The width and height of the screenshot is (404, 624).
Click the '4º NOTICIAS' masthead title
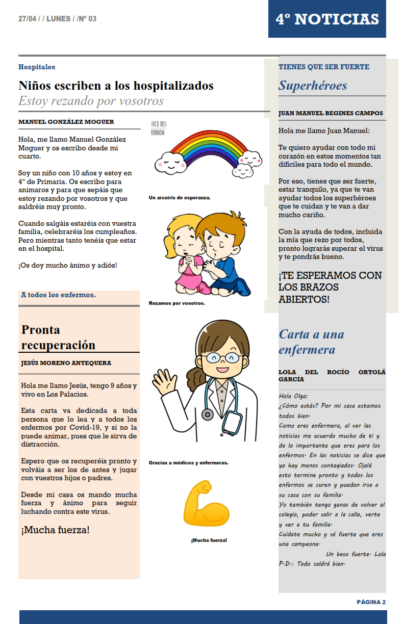pyautogui.click(x=327, y=19)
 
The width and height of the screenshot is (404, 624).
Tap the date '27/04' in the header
pyautogui.click(x=28, y=19)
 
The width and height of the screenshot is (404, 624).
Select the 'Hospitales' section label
pyautogui.click(x=37, y=67)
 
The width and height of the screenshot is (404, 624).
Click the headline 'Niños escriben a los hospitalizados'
pyautogui.click(x=116, y=86)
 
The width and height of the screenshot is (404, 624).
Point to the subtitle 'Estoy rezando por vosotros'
pyautogui.click(x=91, y=101)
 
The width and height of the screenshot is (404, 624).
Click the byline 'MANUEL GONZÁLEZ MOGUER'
pyautogui.click(x=66, y=122)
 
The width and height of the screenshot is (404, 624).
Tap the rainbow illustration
pyautogui.click(x=206, y=151)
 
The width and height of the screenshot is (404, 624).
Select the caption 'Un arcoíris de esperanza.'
pyautogui.click(x=180, y=197)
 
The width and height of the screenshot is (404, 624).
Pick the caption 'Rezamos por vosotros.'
pyautogui.click(x=176, y=303)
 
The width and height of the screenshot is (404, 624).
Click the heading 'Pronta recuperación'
pyautogui.click(x=58, y=337)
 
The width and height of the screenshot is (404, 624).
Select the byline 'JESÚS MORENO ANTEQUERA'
pyautogui.click(x=66, y=363)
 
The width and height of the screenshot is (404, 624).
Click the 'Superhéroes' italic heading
pyautogui.click(x=313, y=85)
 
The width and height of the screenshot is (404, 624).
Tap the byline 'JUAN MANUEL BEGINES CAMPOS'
pyautogui.click(x=331, y=113)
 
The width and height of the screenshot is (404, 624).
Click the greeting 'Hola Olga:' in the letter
pyautogui.click(x=293, y=396)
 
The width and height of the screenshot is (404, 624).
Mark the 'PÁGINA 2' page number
pyautogui.click(x=371, y=602)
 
